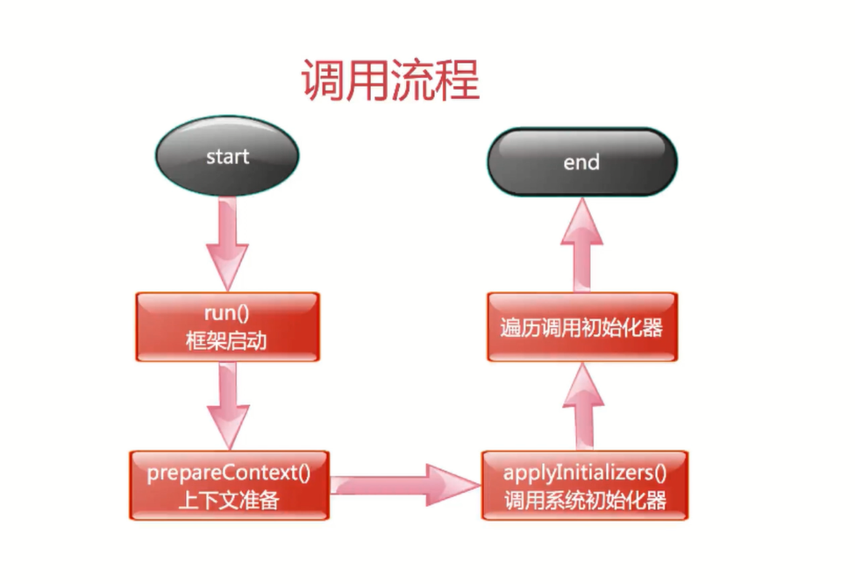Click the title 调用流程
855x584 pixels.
click(390, 81)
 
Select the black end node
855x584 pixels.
click(582, 162)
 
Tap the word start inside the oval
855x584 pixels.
click(227, 157)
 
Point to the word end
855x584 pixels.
click(582, 162)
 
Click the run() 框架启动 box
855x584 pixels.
click(227, 327)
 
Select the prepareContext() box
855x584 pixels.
click(229, 486)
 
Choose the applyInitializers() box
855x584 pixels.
click(585, 486)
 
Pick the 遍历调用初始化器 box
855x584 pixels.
click(582, 327)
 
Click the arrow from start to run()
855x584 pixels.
click(227, 242)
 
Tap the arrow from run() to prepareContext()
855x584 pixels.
click(227, 404)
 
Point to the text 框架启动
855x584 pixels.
click(227, 340)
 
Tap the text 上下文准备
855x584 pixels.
click(227, 500)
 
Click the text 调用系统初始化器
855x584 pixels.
click(585, 500)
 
